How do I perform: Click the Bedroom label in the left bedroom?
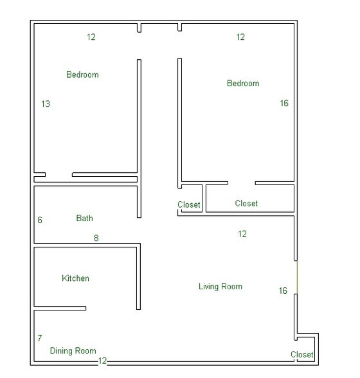(82, 75)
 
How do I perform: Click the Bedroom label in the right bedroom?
(243, 84)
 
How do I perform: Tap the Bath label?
(84, 219)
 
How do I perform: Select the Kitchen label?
(75, 278)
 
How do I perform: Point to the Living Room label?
(221, 287)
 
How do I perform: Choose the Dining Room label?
(73, 351)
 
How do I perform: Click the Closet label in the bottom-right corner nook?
(302, 355)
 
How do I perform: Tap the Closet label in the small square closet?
(189, 206)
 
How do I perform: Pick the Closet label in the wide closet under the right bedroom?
(246, 204)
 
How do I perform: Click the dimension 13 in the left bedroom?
(45, 104)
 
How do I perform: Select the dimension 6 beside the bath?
(40, 220)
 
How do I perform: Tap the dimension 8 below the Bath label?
(96, 239)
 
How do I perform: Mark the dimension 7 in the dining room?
(40, 338)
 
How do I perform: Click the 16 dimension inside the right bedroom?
(284, 104)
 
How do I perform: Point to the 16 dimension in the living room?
(283, 291)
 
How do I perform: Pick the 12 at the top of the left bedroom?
(91, 37)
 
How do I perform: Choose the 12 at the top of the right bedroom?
(240, 37)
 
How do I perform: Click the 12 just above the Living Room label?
(242, 234)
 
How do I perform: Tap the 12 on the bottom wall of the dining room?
(102, 361)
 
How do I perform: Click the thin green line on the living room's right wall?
(296, 277)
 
